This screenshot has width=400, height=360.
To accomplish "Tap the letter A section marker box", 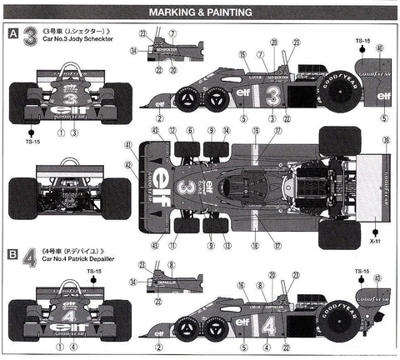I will pos(12,34).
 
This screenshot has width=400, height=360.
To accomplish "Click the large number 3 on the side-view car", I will pos(272,96).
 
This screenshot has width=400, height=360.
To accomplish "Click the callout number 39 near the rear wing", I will pos(384,142).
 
